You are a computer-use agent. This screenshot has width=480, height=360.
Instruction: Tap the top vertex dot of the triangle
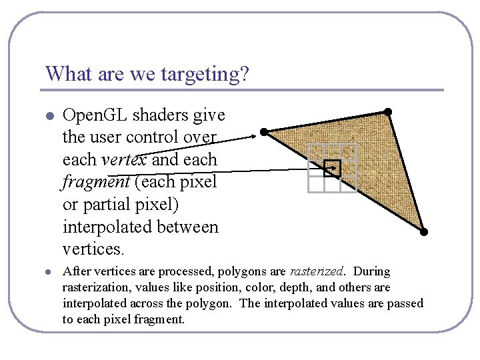pos(387,111)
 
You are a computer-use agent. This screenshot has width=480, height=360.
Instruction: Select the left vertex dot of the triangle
pos(265,132)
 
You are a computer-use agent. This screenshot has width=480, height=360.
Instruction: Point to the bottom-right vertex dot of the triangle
pos(423,232)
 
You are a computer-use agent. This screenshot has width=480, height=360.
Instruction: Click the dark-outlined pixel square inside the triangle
pos(332,169)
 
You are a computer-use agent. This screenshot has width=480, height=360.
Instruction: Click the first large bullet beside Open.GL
pos(49,116)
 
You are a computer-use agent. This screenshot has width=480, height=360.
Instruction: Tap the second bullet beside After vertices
pos(49,272)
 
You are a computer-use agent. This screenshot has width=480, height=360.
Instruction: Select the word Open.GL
pos(93,115)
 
